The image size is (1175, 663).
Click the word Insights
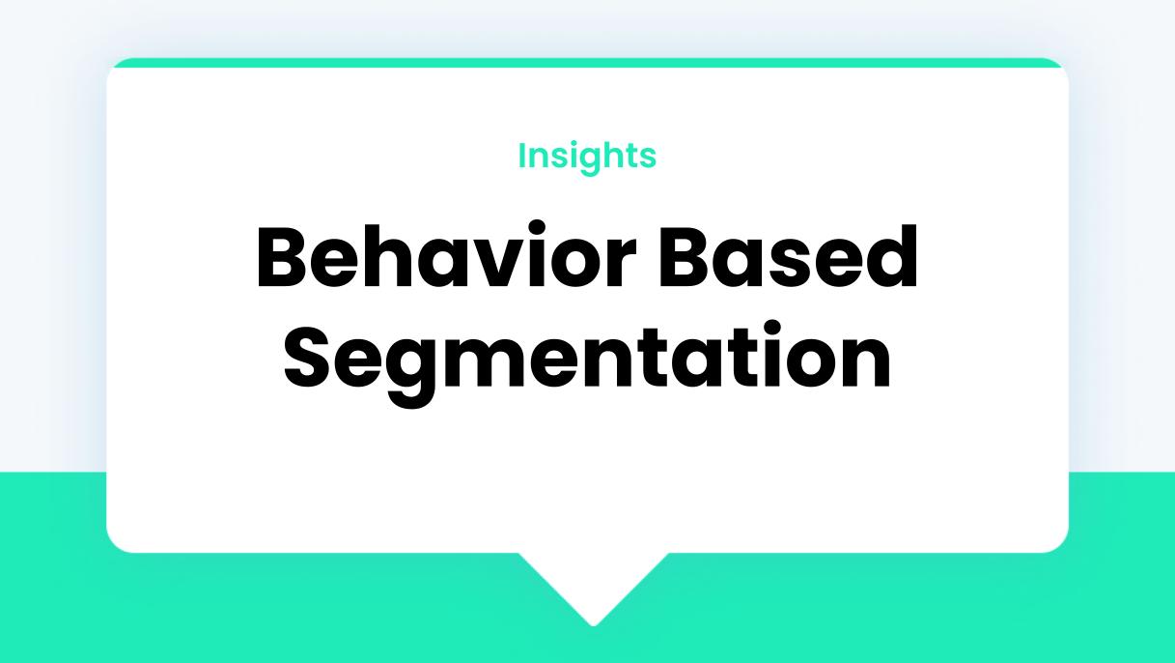(x=587, y=157)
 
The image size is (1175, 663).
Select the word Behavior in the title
(x=446, y=254)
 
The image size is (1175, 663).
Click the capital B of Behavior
(x=281, y=257)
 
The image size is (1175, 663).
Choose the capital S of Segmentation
(x=307, y=357)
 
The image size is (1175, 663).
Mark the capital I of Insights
(x=522, y=156)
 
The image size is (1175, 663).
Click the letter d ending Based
(x=891, y=257)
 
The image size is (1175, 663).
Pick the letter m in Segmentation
(x=491, y=362)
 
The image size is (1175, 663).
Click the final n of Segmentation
(x=868, y=362)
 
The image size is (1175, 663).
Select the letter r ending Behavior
(x=623, y=264)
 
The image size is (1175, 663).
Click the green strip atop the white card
(x=587, y=63)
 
